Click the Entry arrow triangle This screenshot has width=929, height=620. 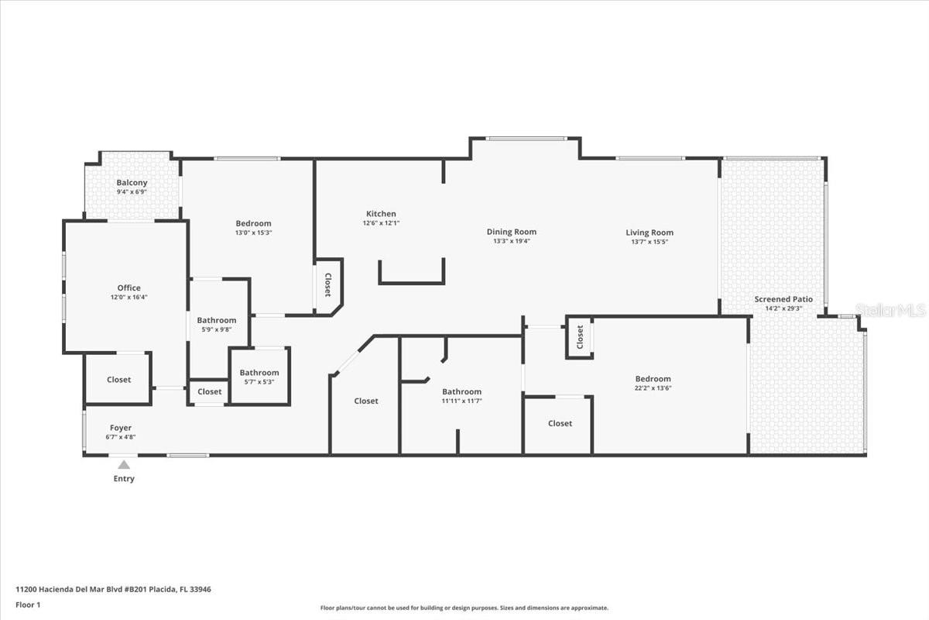coord(124,464)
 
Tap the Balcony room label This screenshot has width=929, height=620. coord(132,183)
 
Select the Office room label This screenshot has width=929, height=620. coord(129,288)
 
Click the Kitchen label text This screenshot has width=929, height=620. coord(381,214)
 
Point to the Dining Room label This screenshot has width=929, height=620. coord(511,232)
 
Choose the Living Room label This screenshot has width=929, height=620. coord(650,232)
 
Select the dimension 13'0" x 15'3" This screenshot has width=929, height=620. coord(254,232)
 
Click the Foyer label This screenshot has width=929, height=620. coord(120,428)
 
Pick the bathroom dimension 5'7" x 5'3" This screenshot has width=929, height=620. coord(259,381)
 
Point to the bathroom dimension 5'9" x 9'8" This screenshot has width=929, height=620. coord(216,329)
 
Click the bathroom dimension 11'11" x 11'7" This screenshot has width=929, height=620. coord(461,401)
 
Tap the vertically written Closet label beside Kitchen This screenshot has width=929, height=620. coord(327,284)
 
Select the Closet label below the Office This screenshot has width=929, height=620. coord(118,380)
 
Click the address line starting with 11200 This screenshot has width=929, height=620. coord(113,589)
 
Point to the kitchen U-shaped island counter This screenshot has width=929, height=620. coord(411,281)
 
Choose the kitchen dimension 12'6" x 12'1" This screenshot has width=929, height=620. coord(381,223)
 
